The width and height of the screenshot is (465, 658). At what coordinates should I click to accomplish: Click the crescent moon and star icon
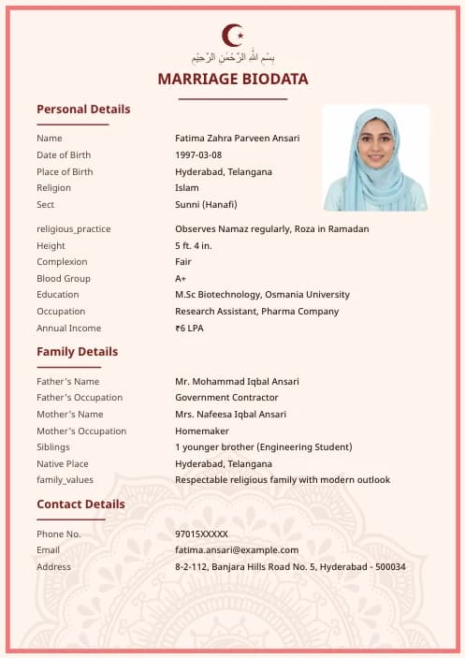coord(232,36)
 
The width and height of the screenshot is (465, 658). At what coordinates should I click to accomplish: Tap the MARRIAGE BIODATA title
coord(233,79)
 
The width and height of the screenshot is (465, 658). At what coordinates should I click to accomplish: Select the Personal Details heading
coord(83,110)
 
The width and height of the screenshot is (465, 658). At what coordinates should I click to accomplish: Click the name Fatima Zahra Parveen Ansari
coord(238,139)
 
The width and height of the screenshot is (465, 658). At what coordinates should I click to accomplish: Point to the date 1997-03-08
coord(198,155)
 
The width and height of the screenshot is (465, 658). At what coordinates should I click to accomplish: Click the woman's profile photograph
coord(375,157)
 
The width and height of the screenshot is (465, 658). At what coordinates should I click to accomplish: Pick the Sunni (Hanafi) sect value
coord(206,205)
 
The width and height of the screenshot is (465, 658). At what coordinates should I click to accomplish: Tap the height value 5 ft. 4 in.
coord(194,246)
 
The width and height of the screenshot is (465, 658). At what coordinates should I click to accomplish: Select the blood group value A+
coord(181,279)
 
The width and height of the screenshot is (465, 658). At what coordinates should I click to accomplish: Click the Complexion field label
coord(62,262)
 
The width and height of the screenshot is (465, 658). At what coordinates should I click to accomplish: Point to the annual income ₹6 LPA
coord(189,329)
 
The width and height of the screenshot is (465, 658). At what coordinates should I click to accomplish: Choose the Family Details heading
coord(78,352)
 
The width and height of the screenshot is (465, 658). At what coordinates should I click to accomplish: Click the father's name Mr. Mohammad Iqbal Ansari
coord(238,382)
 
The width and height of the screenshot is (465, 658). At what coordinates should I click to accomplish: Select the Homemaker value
coord(201,431)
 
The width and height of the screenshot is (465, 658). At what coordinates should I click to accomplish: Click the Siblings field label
coord(53,447)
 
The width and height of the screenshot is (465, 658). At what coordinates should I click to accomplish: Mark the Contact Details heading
coord(80,504)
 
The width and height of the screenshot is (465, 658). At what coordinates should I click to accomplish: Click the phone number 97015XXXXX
coord(201,534)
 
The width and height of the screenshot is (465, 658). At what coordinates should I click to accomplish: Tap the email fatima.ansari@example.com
coord(237,550)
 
